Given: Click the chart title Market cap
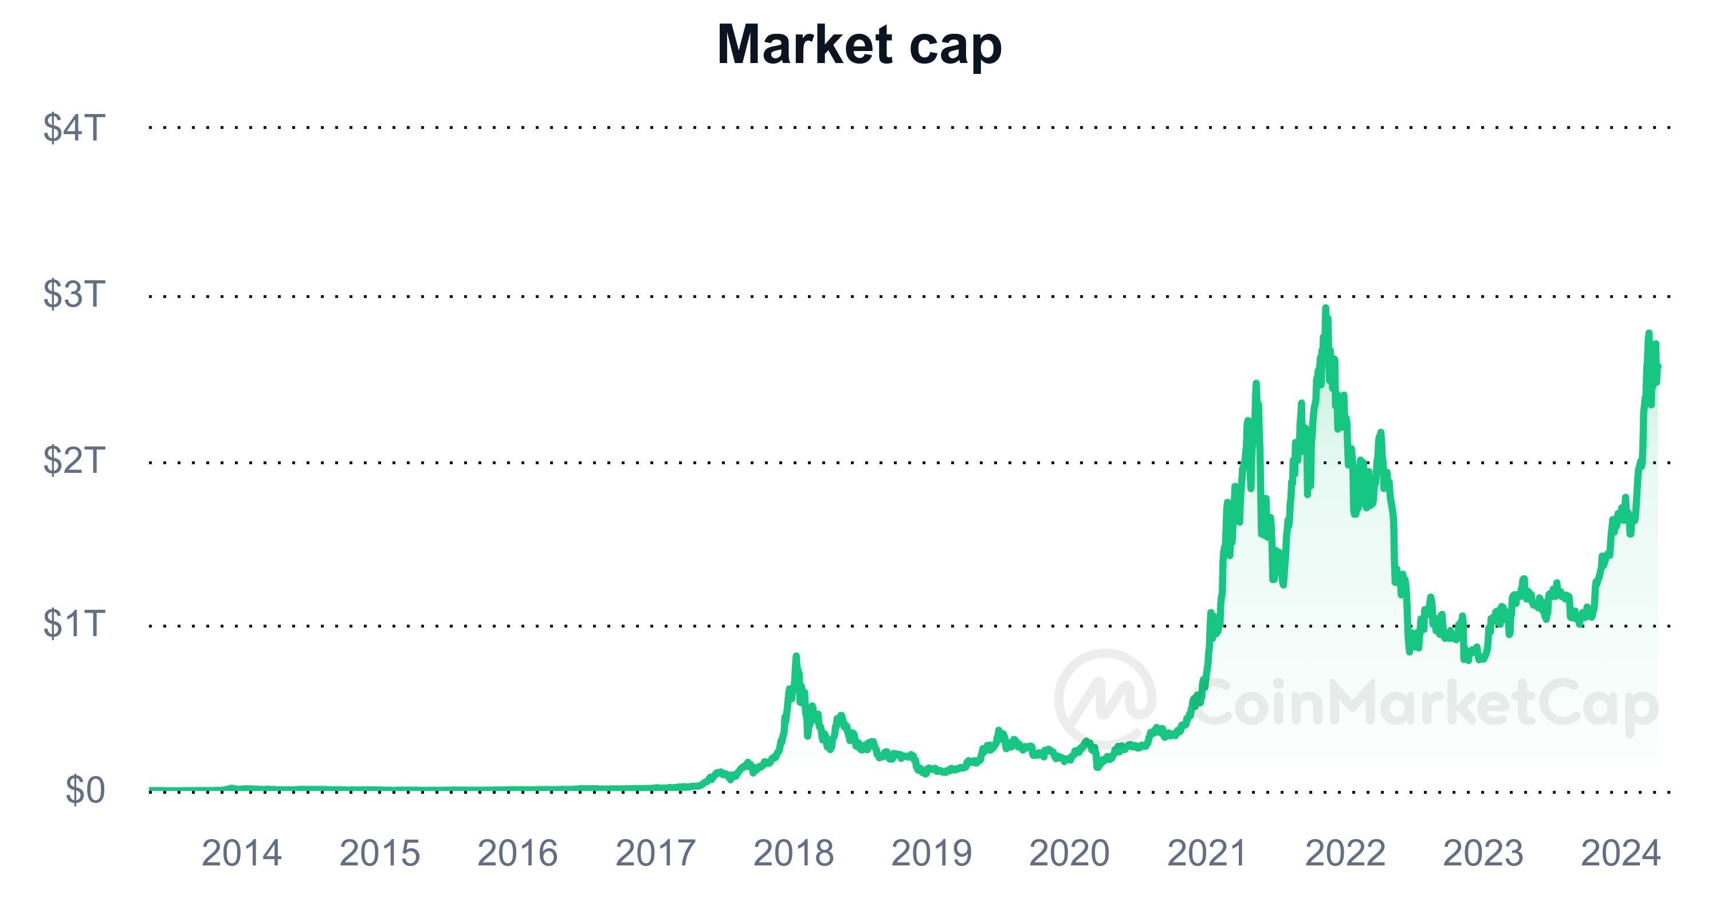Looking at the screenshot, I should click(859, 45).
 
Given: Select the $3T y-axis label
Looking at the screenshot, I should click(74, 295).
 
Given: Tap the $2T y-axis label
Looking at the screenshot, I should click(74, 460).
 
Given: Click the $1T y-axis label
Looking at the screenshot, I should click(74, 624).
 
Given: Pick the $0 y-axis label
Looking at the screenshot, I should click(85, 791).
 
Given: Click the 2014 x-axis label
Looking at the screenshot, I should click(242, 853).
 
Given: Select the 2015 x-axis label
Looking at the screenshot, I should click(380, 853).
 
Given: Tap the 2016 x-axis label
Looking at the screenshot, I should click(518, 853).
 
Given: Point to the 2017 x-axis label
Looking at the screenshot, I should click(656, 853).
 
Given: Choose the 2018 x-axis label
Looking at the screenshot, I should click(794, 853).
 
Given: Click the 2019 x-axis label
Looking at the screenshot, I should click(932, 853).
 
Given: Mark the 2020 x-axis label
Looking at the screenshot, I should click(1069, 853).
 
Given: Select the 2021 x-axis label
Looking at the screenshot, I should click(1207, 853).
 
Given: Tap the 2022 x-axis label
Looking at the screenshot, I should click(1345, 853).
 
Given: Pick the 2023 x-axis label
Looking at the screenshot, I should click(1483, 853).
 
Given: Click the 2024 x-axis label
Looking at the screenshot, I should click(1621, 853).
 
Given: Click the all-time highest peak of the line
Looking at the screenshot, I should click(1325, 308).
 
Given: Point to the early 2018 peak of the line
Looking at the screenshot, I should click(795, 657).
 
